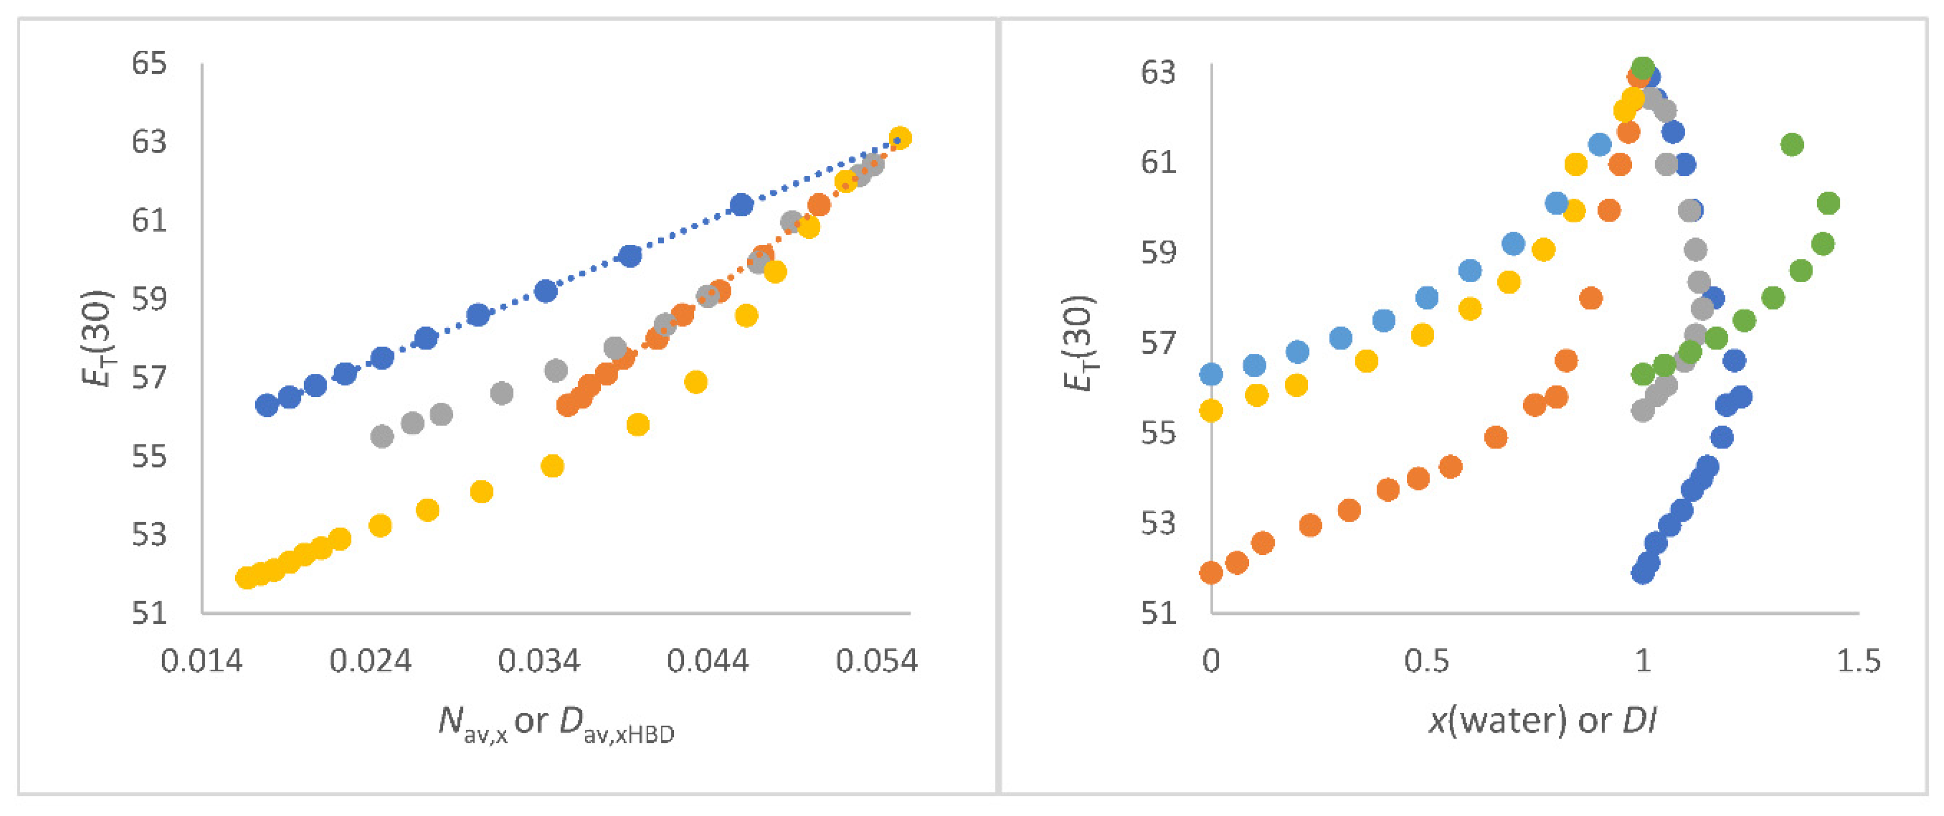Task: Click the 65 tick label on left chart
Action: point(149,63)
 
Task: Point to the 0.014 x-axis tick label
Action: point(202,661)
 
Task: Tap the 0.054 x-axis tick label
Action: point(876,661)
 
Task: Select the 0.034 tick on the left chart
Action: point(539,661)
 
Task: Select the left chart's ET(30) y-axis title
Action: point(97,337)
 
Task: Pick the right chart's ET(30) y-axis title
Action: point(1077,343)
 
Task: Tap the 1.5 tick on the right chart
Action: point(1858,661)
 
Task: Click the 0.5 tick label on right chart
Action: point(1426,661)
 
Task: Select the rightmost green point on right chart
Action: point(1828,203)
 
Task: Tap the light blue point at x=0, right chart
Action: point(1211,374)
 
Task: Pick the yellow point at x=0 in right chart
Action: point(1211,411)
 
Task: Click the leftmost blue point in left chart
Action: point(266,405)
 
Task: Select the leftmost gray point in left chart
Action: point(382,436)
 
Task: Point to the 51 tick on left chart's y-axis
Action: point(149,612)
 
